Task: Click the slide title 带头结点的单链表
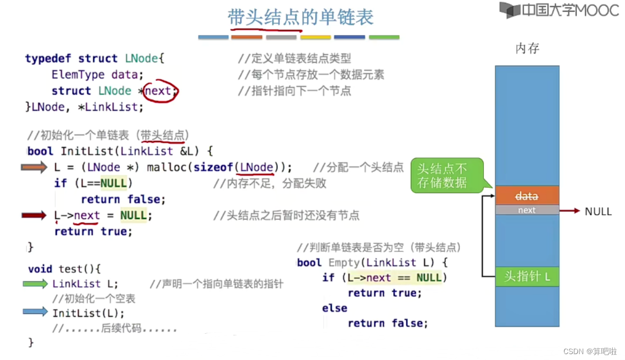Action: (300, 18)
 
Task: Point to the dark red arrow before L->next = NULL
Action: (34, 216)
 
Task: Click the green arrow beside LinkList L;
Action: (35, 284)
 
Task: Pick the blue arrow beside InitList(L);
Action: (35, 312)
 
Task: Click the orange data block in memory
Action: (527, 196)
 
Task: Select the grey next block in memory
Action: (527, 210)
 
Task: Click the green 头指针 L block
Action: (527, 277)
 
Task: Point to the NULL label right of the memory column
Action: (598, 211)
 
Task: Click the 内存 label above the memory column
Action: (527, 49)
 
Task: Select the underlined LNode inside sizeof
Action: (257, 167)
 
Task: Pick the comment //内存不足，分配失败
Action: (270, 183)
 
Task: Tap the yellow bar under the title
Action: (316, 37)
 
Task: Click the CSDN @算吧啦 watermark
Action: (590, 351)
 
